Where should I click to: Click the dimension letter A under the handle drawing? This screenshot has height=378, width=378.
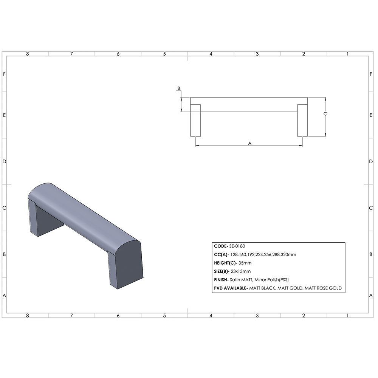pyautogui.click(x=249, y=143)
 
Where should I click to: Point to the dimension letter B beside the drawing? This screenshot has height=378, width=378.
pyautogui.click(x=179, y=88)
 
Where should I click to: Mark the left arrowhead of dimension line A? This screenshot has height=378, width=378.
pyautogui.click(x=197, y=146)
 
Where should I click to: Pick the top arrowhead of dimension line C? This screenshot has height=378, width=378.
pyautogui.click(x=325, y=99)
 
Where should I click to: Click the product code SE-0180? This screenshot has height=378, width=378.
pyautogui.click(x=237, y=246)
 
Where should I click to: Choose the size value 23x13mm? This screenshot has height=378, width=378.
pyautogui.click(x=240, y=271)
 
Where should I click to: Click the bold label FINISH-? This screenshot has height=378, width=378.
pyautogui.click(x=221, y=280)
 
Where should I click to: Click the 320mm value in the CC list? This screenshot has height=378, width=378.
pyautogui.click(x=289, y=255)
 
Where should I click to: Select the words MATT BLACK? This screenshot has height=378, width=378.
pyautogui.click(x=263, y=288)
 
